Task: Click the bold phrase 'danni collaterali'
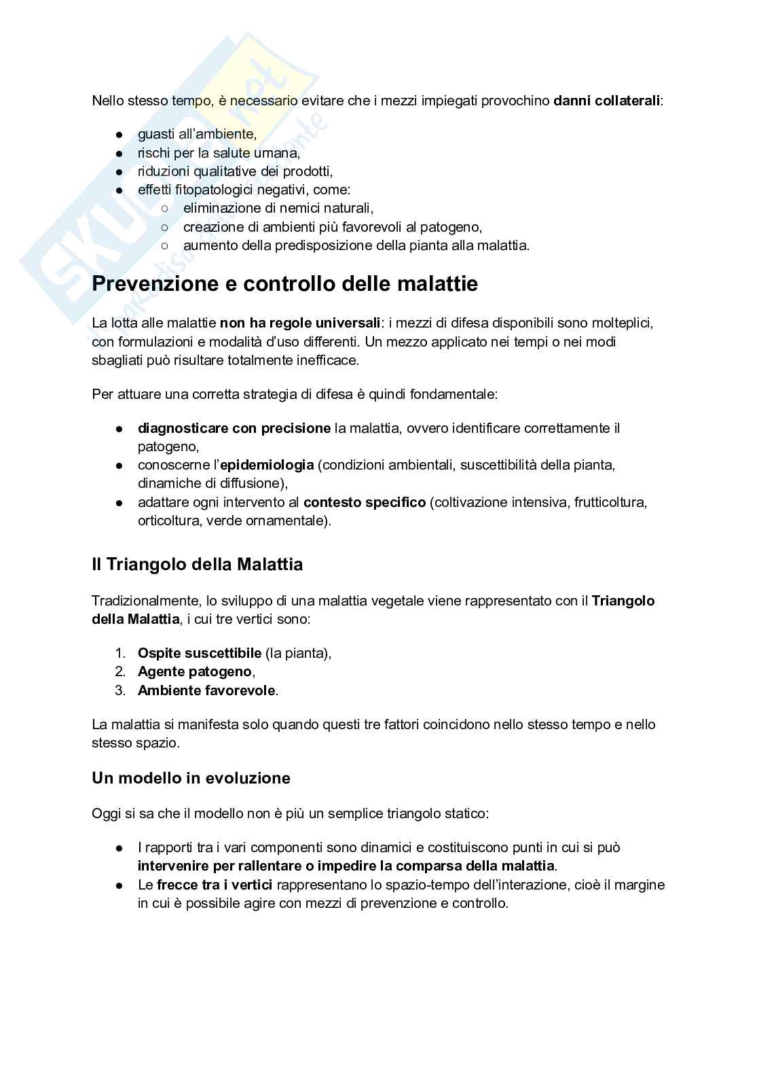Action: click(x=606, y=101)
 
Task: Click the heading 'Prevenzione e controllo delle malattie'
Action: click(x=284, y=284)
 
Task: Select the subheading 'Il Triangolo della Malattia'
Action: click(x=197, y=565)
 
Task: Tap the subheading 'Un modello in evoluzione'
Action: click(x=191, y=778)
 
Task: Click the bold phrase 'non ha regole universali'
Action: click(x=299, y=323)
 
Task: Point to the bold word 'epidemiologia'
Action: click(x=266, y=465)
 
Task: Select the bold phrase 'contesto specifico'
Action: click(x=364, y=503)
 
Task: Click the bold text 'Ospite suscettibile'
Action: click(x=199, y=653)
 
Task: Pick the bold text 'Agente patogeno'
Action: click(x=194, y=672)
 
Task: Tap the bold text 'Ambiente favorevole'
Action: click(x=206, y=691)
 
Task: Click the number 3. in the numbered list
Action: click(x=120, y=691)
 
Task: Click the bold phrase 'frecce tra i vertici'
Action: click(x=215, y=885)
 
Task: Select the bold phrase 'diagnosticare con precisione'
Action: click(x=234, y=428)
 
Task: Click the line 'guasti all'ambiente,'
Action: click(x=197, y=135)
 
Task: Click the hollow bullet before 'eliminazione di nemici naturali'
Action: click(x=164, y=209)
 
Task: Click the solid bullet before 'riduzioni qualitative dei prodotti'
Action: click(x=119, y=172)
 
